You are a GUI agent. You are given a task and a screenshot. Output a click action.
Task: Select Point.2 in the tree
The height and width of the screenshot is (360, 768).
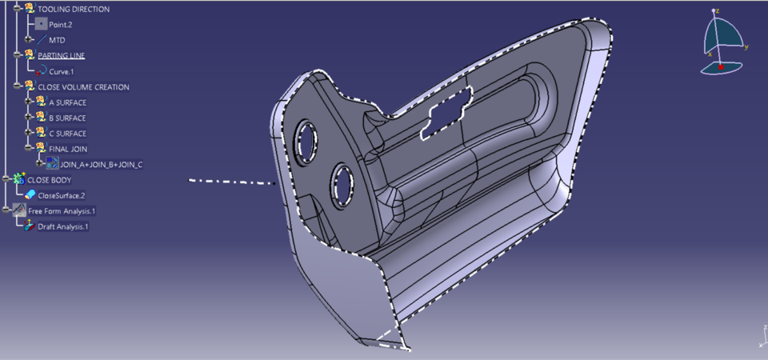(61, 25)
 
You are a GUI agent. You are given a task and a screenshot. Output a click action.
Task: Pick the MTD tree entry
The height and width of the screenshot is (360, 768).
(57, 40)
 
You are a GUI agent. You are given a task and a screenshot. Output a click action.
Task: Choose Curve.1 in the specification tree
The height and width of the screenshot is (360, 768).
(62, 71)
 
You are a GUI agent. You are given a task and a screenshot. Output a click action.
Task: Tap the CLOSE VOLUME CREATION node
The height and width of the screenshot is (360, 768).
(83, 86)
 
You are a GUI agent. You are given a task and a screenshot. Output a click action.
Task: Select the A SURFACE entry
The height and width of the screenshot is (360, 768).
(67, 102)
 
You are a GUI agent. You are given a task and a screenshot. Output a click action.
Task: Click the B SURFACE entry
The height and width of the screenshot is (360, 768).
(67, 118)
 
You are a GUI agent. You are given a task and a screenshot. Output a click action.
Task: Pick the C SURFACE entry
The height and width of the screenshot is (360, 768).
(67, 134)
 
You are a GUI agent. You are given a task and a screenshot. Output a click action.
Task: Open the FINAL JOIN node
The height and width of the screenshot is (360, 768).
(68, 149)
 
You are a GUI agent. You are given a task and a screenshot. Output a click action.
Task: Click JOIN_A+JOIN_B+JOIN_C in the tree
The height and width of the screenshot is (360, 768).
(101, 165)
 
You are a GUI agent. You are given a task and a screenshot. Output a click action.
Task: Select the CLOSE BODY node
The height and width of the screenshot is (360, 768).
(50, 180)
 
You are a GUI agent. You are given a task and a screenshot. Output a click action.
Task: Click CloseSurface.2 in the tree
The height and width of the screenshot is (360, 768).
(61, 195)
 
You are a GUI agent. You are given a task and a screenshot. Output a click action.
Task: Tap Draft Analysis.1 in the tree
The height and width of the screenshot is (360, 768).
(63, 226)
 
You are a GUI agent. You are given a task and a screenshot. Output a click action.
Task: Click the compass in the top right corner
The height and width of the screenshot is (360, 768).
(723, 44)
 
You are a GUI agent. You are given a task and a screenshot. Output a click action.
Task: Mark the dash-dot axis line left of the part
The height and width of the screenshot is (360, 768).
(232, 182)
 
